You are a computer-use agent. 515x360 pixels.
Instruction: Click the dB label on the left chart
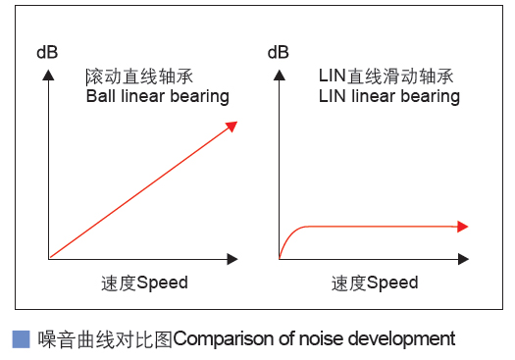click(x=47, y=52)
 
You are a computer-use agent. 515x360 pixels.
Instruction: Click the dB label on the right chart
click(x=278, y=52)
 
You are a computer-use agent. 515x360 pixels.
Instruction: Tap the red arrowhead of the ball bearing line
click(x=232, y=125)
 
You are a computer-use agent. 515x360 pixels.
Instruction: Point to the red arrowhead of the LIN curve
click(x=463, y=227)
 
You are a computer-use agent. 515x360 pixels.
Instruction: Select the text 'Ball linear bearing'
click(x=157, y=96)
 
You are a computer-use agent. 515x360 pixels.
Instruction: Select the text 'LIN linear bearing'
click(x=388, y=96)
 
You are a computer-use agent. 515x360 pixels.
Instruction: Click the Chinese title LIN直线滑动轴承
click(x=386, y=76)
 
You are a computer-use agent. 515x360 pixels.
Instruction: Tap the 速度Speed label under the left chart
click(x=144, y=283)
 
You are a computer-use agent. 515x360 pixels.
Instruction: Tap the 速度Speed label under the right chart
click(x=375, y=283)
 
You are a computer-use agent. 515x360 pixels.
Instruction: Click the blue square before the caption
click(x=21, y=339)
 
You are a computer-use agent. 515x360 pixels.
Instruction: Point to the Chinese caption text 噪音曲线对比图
click(x=105, y=339)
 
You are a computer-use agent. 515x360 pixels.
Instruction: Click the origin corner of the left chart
click(x=47, y=259)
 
